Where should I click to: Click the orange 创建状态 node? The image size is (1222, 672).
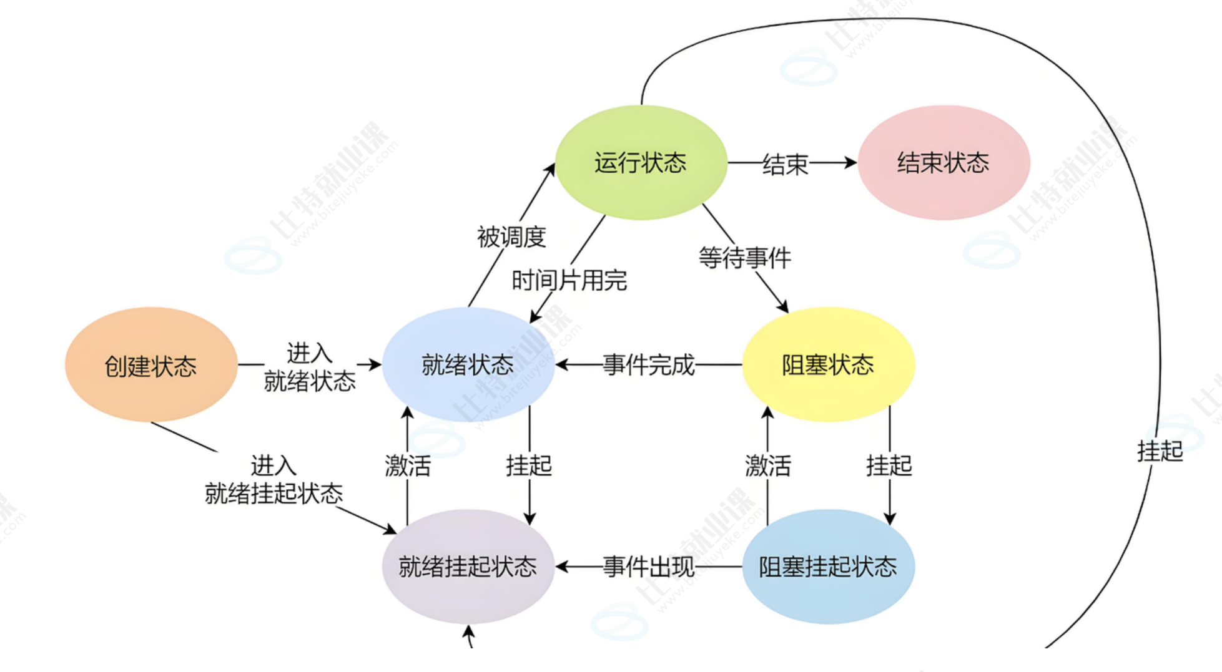(150, 365)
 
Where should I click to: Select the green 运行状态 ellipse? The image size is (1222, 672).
(641, 163)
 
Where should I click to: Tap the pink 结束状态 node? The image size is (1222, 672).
(943, 163)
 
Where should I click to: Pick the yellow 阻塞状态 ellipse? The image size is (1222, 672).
(828, 365)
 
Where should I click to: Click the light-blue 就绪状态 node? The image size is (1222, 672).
(468, 365)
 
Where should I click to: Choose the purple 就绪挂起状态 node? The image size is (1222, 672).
(468, 567)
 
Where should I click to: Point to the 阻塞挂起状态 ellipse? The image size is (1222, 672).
(828, 567)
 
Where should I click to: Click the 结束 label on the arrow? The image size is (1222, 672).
(785, 164)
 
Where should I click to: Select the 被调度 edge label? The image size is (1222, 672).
(511, 237)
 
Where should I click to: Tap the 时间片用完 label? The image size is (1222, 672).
(569, 281)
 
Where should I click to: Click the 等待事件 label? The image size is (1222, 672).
(744, 258)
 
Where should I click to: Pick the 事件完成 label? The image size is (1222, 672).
(648, 365)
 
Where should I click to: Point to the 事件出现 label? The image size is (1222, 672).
(648, 567)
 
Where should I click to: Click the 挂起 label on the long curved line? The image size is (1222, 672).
(1160, 450)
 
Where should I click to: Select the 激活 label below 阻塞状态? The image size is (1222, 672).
(767, 465)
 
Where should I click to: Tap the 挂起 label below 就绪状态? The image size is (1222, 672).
(529, 465)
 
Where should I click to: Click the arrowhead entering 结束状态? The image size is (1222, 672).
(850, 163)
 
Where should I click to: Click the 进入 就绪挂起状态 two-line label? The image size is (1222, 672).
(273, 479)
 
